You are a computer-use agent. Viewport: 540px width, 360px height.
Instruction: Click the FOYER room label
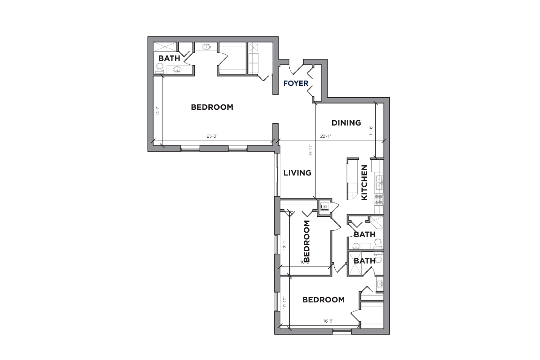tap(296, 83)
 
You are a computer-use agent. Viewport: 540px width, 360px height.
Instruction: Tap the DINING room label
tap(346, 122)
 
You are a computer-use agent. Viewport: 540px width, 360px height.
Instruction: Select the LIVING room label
tap(297, 173)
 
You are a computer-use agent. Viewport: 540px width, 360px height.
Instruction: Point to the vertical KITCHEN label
tap(364, 182)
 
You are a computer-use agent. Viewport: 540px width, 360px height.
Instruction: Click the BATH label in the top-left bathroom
tap(169, 58)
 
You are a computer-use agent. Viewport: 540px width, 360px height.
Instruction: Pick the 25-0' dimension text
tap(211, 136)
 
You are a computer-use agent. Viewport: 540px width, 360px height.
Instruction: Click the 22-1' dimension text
tap(325, 136)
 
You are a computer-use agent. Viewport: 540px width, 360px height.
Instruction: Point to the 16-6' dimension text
tap(328, 321)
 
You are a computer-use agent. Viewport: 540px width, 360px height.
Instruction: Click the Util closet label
tap(324, 207)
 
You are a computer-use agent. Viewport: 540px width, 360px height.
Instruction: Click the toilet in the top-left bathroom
tap(159, 68)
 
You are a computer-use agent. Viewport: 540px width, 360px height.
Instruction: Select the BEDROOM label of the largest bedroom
tap(212, 107)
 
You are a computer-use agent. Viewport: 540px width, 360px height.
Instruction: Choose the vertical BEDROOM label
tap(307, 241)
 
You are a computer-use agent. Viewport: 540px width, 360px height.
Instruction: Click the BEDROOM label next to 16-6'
tap(324, 300)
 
